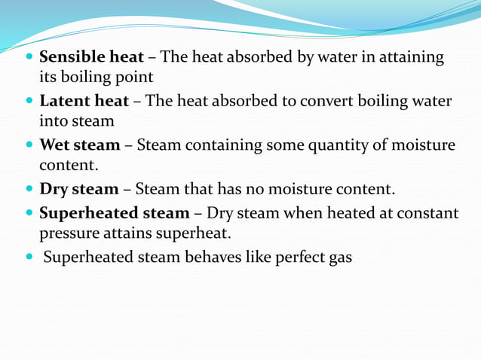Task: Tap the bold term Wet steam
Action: click(x=79, y=145)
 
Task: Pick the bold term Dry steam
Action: click(x=78, y=188)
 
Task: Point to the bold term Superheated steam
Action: click(x=114, y=213)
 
